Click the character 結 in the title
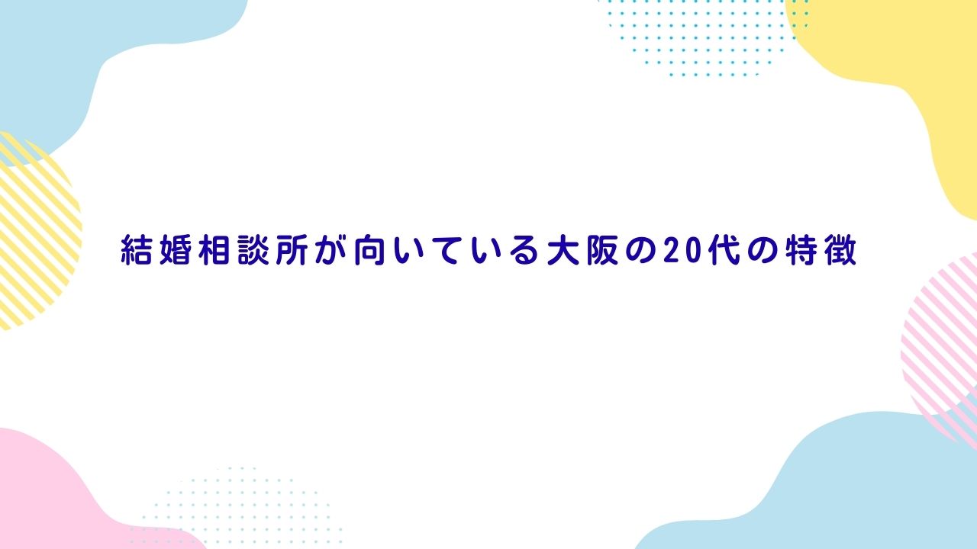tap(136, 251)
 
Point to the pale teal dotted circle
tap(237, 507)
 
